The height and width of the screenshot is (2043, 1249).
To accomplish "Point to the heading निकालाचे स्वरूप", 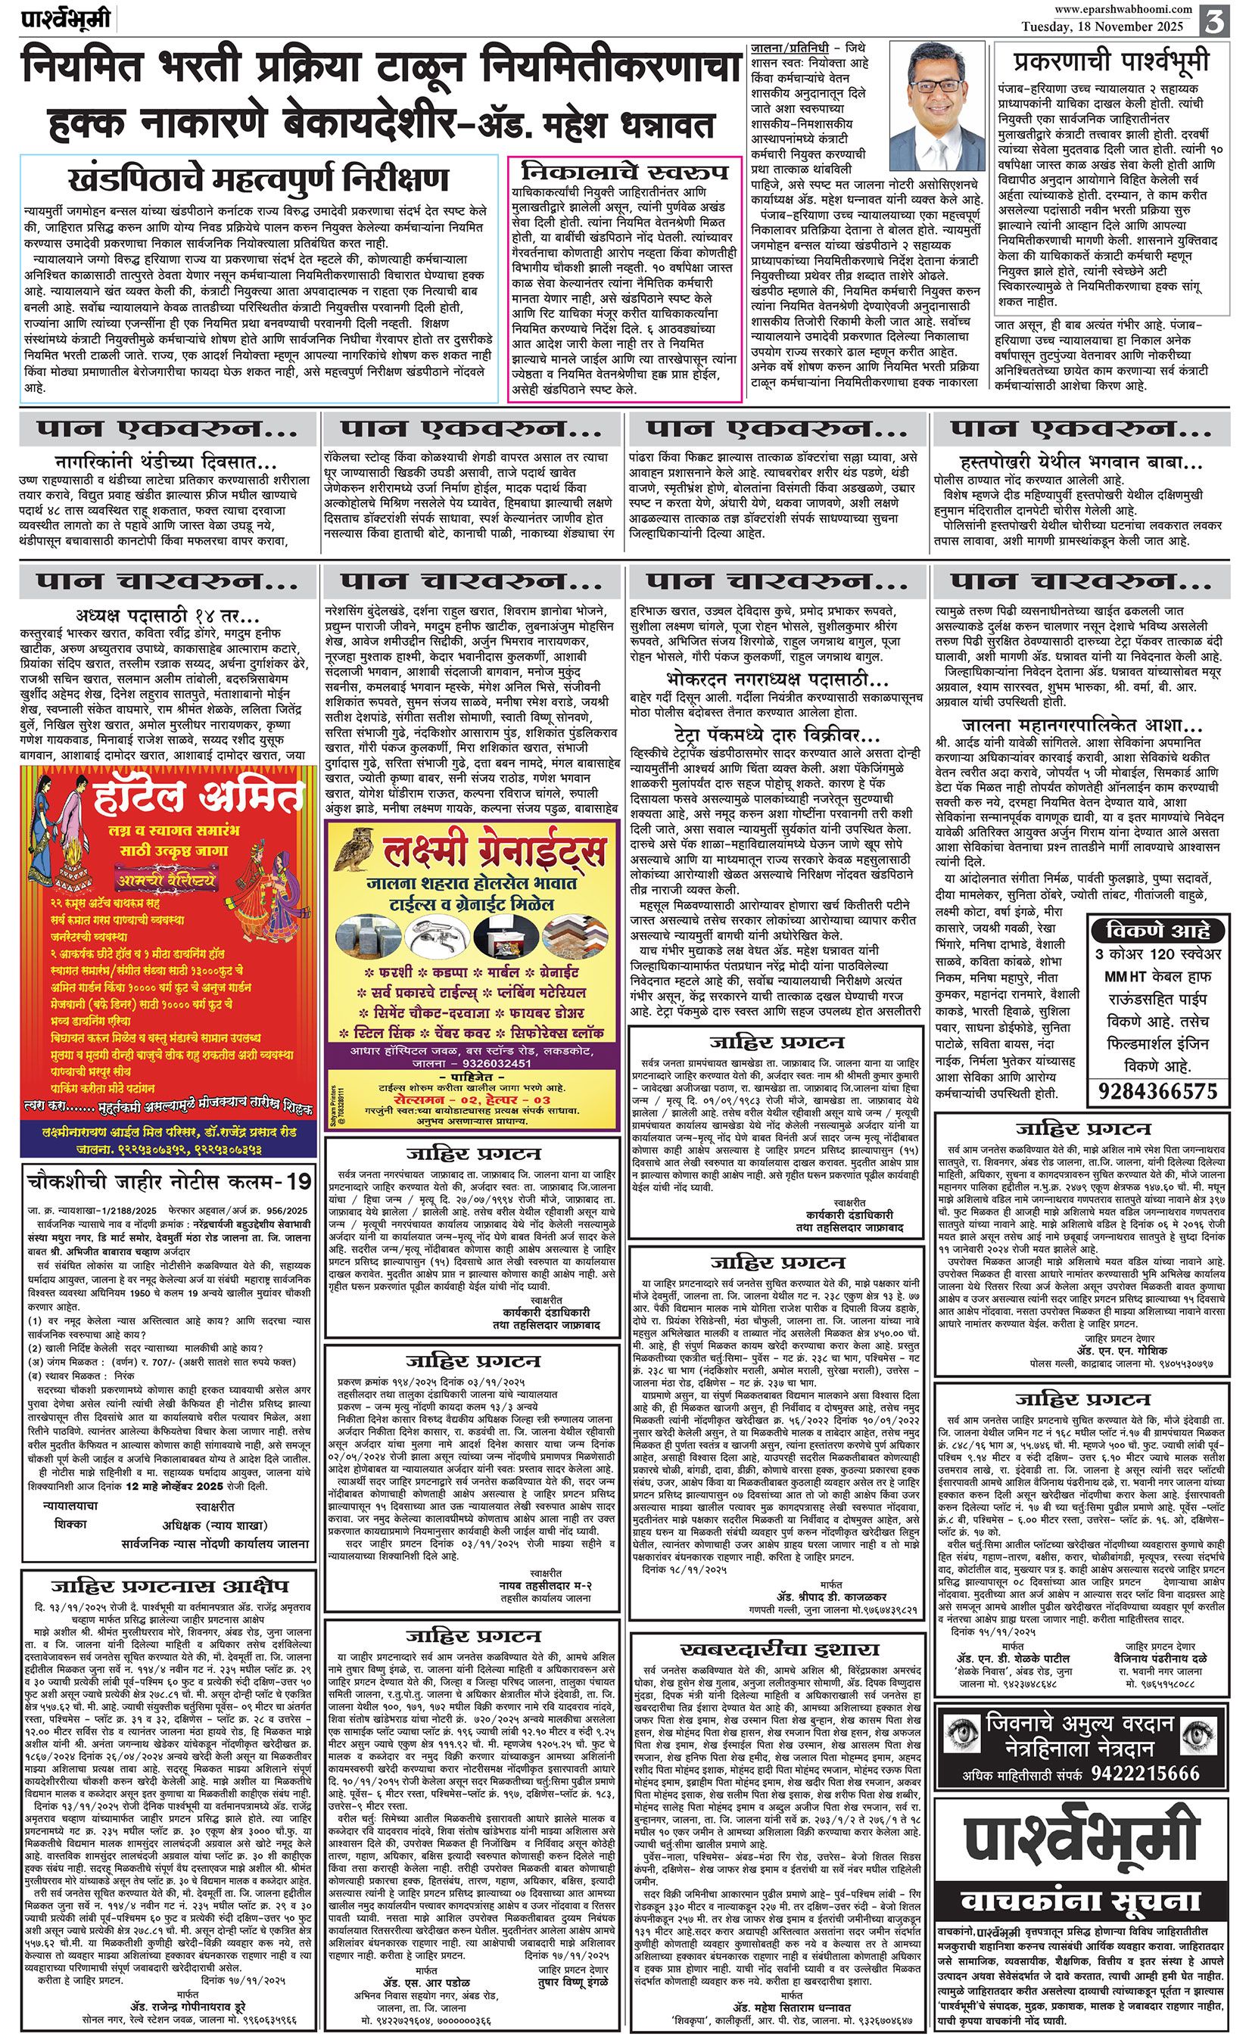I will (624, 172).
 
